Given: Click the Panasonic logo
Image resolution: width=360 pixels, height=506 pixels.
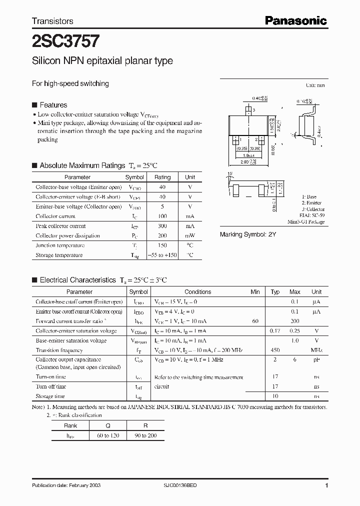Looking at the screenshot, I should pyautogui.click(x=295, y=20).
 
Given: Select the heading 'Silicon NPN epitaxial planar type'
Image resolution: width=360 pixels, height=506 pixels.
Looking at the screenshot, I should pyautogui.click(x=102, y=61).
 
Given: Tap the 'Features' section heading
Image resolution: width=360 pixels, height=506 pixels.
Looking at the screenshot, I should pyautogui.click(x=53, y=105).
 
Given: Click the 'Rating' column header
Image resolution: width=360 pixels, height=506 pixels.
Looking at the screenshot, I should pyautogui.click(x=162, y=177).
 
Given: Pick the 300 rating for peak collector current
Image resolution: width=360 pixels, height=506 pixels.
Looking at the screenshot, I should pyautogui.click(x=162, y=226).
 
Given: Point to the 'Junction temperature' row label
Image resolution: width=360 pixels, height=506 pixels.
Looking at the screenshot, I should pyautogui.click(x=59, y=245).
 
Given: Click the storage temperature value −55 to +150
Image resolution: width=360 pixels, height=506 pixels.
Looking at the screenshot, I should pyautogui.click(x=162, y=255).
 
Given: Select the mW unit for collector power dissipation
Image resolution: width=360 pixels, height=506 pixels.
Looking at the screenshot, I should pyautogui.click(x=190, y=235).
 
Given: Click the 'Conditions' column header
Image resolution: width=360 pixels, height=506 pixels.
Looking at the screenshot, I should pyautogui.click(x=197, y=292).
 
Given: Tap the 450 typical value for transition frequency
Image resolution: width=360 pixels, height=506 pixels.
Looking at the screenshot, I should pyautogui.click(x=275, y=350).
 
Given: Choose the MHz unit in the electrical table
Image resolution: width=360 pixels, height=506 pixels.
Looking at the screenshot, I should pyautogui.click(x=316, y=350).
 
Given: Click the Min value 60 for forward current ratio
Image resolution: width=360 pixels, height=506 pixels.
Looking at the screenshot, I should pyautogui.click(x=255, y=321).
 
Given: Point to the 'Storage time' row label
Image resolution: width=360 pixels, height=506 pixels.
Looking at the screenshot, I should pyautogui.click(x=50, y=396).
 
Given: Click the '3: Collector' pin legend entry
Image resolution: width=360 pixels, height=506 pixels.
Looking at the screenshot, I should pyautogui.click(x=313, y=209).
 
